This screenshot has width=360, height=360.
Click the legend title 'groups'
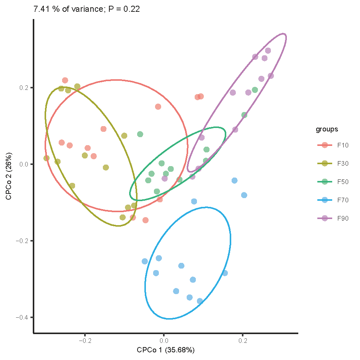[326, 130]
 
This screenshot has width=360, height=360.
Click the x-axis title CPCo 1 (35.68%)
[166, 350]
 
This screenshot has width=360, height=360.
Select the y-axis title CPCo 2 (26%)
[8, 177]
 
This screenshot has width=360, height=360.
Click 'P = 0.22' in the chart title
[125, 10]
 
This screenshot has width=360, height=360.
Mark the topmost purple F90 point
[268, 51]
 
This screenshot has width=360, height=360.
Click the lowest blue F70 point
[200, 301]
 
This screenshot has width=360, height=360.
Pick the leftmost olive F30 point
[46, 158]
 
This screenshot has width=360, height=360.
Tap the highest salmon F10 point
[65, 80]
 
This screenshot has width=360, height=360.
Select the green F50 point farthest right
[255, 90]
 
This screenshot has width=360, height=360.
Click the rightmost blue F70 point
[244, 195]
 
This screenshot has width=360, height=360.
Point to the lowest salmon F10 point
[145, 220]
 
